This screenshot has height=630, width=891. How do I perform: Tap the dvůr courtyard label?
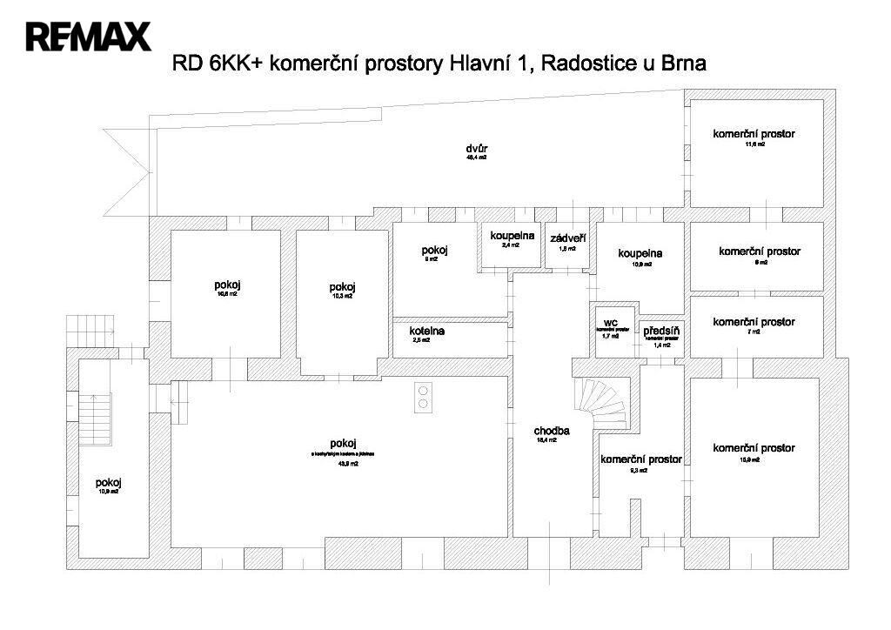pyautogui.click(x=476, y=148)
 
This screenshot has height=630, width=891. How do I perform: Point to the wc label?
pyautogui.click(x=610, y=322)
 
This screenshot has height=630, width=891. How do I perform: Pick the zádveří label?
pyautogui.click(x=567, y=238)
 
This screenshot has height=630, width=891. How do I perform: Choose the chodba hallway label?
pyautogui.click(x=552, y=431)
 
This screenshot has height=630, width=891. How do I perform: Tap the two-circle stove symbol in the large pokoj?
pyautogui.click(x=423, y=397)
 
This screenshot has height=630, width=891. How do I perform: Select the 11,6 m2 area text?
pyautogui.click(x=754, y=144)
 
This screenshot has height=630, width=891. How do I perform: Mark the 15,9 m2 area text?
pyautogui.click(x=754, y=459)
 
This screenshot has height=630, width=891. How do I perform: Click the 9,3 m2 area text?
pyautogui.click(x=640, y=470)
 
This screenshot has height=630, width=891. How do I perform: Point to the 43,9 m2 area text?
pyautogui.click(x=342, y=464)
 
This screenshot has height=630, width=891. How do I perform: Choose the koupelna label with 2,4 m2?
pyautogui.click(x=511, y=236)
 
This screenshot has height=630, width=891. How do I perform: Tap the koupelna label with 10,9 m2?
pyautogui.click(x=640, y=253)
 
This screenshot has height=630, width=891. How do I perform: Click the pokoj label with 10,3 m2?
pyautogui.click(x=342, y=288)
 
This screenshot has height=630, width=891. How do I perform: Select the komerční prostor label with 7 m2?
pyautogui.click(x=754, y=322)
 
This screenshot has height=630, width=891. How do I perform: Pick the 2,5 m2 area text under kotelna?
pyautogui.click(x=421, y=340)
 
